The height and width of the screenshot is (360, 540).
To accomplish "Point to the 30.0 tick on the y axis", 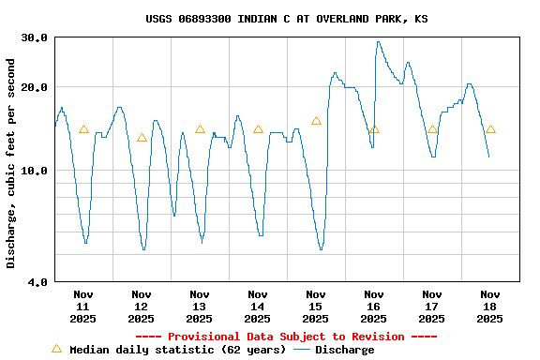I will pos(35,37).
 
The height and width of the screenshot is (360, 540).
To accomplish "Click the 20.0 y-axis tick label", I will pos(35,87).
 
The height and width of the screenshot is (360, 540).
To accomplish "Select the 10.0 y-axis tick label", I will pos(35,171).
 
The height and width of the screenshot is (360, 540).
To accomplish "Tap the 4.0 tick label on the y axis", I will pos(38,281).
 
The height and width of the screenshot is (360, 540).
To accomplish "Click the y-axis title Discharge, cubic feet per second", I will pos(11,163).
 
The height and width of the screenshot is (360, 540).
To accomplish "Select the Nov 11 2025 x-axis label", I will pos(83,306).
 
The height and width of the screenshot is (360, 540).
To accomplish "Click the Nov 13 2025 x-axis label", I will pos(200,306).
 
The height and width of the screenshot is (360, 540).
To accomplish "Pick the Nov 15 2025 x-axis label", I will pos(316,306).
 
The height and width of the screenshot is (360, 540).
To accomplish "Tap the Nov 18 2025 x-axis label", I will pos(490,306).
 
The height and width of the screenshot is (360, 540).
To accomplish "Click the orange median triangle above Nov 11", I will pos(83,129).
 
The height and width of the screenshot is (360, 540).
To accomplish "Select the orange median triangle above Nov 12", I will pos(142,138).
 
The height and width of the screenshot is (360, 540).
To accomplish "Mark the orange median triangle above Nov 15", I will pos(316,121).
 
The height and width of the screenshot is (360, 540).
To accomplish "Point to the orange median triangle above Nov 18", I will pos(490,129).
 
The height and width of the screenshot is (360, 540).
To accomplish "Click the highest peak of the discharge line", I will pos(379,41).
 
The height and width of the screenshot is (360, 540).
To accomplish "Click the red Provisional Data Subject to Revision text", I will pos(287,337).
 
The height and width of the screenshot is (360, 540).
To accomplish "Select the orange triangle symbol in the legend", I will pos(56,349).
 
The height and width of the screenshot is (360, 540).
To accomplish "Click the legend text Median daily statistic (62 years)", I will pos(178,350).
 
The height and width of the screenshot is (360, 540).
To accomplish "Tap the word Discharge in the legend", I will pos(344,350).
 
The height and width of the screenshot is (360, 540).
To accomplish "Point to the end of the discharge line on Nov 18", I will pos(488,157).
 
